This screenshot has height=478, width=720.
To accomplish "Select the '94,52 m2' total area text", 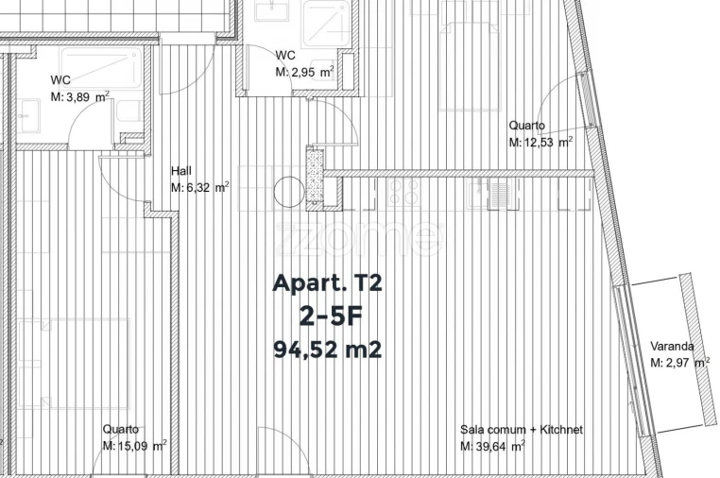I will point(327,350).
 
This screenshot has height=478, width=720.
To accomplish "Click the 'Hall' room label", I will point(181,171).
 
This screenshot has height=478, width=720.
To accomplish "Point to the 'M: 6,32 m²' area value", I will point(199,187).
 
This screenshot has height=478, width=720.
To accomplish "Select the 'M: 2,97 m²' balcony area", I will point(679,362).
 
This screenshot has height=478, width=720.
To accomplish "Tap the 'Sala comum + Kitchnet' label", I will point(522,430).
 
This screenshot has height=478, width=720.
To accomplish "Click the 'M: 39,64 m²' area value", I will point(492,446).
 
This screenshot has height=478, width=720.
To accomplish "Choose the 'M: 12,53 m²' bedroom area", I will point(540,143).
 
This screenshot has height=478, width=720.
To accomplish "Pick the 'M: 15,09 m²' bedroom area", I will point(135,446).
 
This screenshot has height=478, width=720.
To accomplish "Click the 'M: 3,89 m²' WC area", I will point(80,96).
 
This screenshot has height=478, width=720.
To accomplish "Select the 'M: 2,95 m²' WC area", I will point(304,72).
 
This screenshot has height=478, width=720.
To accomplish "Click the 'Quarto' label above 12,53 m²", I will point(526,126).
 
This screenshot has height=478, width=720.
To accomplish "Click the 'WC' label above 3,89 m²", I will point(60,80).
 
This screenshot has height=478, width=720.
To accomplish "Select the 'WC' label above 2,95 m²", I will point(285,56).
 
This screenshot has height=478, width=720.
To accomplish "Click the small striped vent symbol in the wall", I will point(500,195).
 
